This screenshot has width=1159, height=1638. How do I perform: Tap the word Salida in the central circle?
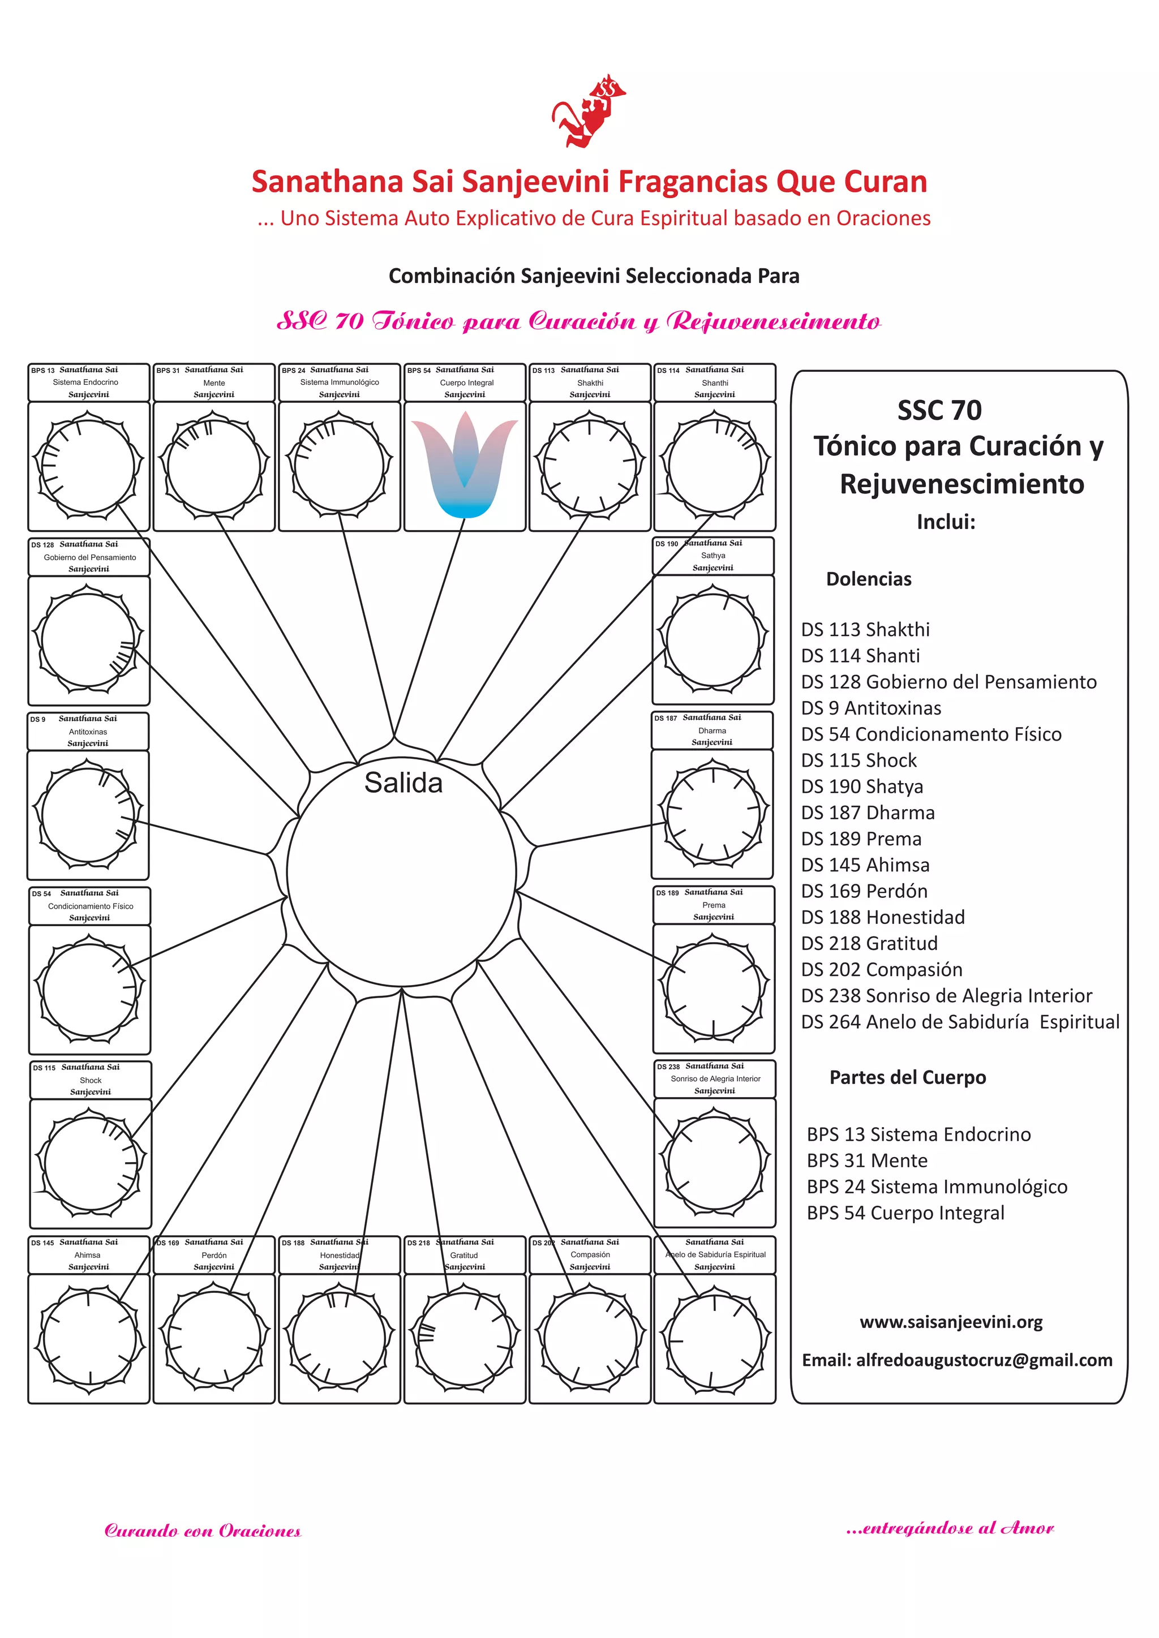(x=403, y=783)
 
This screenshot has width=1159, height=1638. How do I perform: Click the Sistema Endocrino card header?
(x=88, y=382)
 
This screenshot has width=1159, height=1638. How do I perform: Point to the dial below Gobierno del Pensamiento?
(x=88, y=640)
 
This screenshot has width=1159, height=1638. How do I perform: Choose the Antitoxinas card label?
(x=88, y=731)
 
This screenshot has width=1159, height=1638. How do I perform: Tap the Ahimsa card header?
(x=88, y=1255)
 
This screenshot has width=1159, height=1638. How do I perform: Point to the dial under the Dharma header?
(x=712, y=814)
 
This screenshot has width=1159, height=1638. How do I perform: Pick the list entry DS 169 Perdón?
(x=864, y=891)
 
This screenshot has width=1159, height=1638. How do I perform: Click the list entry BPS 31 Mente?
(x=866, y=1160)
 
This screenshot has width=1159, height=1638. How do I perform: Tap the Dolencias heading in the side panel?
(x=869, y=579)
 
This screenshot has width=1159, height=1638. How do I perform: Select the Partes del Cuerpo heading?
(x=907, y=1077)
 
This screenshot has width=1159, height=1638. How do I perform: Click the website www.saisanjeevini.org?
(x=951, y=1322)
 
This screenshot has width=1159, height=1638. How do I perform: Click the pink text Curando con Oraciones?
(x=203, y=1530)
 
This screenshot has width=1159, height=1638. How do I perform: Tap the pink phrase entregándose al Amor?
(x=949, y=1528)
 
